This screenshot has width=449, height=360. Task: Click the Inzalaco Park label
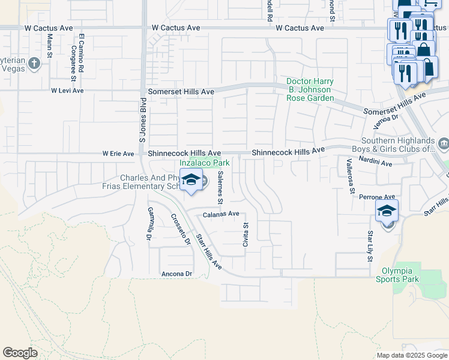(x=205, y=163)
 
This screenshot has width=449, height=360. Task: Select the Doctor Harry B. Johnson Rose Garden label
(x=309, y=89)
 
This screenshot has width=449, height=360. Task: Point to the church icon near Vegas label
(x=35, y=63)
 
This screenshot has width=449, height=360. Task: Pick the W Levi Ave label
(x=67, y=91)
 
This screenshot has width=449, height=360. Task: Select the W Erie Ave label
(x=118, y=154)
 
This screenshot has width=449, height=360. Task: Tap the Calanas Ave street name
(x=221, y=214)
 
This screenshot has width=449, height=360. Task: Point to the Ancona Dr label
(x=176, y=274)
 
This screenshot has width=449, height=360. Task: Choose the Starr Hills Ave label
(x=209, y=253)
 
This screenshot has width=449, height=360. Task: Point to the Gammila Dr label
(x=149, y=224)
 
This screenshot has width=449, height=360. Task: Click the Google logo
(x=20, y=353)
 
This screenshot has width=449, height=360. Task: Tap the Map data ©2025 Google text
(x=411, y=355)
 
